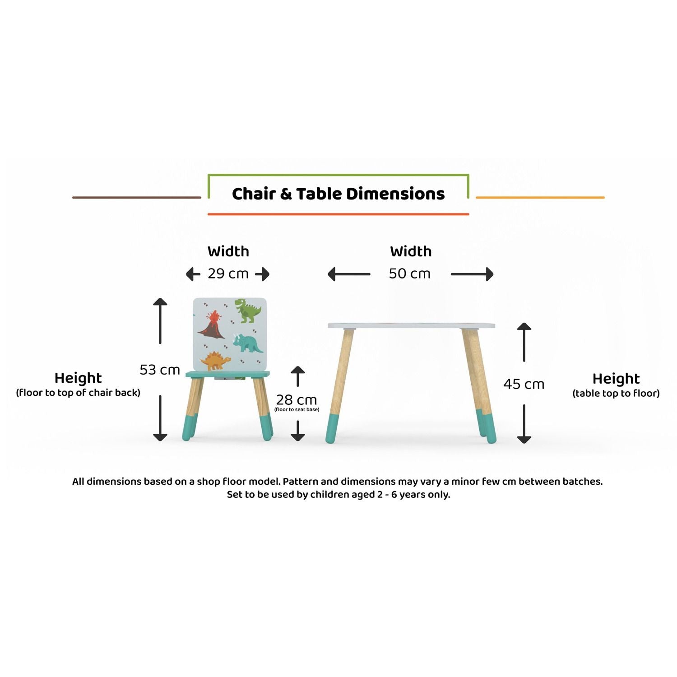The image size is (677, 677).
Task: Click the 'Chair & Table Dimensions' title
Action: [x=338, y=194]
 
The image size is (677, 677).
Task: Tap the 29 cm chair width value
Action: [x=228, y=274]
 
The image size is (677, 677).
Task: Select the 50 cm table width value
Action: [x=410, y=274]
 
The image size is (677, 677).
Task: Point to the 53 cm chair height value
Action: [x=160, y=370]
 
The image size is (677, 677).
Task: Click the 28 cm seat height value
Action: [x=297, y=399]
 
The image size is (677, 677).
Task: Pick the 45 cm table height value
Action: [x=524, y=384]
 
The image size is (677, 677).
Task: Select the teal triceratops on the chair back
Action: [x=248, y=343]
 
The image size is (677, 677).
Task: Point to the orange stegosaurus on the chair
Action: [x=215, y=361]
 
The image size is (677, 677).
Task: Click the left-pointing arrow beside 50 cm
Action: [x=349, y=274]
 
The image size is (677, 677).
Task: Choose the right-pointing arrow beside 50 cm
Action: [x=472, y=274]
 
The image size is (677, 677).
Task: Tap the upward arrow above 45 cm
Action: [x=524, y=342]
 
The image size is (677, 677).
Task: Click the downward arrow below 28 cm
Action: [x=297, y=431]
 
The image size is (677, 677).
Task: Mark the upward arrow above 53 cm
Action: [x=160, y=320]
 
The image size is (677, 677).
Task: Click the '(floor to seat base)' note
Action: [x=297, y=410]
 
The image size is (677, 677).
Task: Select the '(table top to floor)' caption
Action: [x=616, y=394]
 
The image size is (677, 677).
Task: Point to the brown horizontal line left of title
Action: [x=136, y=197]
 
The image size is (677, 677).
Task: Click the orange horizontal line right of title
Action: [x=540, y=197]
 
